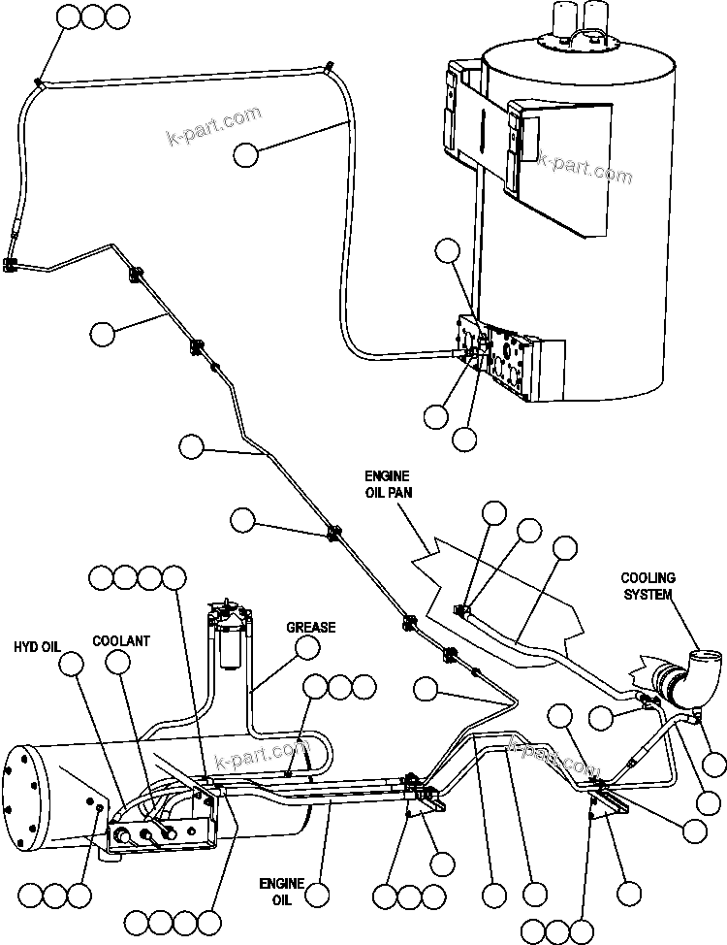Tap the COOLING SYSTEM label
[648, 586]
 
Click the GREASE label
[310, 627]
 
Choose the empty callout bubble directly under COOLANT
[117, 663]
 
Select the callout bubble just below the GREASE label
[306, 649]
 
